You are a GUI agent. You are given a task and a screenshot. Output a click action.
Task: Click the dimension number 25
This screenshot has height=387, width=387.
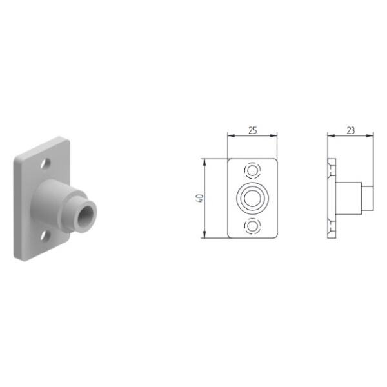pyautogui.click(x=252, y=130)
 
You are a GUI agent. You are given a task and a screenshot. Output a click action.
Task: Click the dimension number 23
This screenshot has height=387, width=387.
pyautogui.click(x=351, y=130)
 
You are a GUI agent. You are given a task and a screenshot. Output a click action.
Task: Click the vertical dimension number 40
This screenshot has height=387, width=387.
pyautogui.click(x=200, y=198)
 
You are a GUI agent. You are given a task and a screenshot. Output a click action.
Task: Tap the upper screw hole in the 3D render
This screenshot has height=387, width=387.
pyautogui.click(x=46, y=164)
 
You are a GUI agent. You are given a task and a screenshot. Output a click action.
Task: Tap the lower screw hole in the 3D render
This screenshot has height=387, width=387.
pyautogui.click(x=45, y=235)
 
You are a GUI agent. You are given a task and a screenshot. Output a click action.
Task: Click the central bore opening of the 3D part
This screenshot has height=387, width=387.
pyautogui.click(x=86, y=215)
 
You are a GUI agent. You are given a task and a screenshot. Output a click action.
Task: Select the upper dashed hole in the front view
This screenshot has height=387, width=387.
pyautogui.click(x=252, y=170)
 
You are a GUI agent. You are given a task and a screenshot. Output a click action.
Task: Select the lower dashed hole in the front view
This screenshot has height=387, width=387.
pyautogui.click(x=252, y=226)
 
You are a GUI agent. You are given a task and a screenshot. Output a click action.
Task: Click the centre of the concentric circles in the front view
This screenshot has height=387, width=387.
pyautogui.click(x=252, y=198)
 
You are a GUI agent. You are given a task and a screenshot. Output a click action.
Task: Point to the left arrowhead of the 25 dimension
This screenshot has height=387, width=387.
pyautogui.click(x=230, y=135)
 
